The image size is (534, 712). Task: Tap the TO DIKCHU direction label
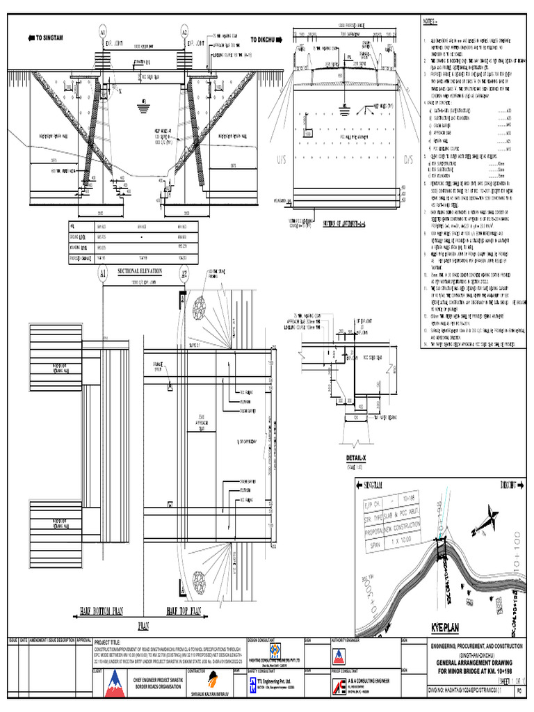coord(267,40)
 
